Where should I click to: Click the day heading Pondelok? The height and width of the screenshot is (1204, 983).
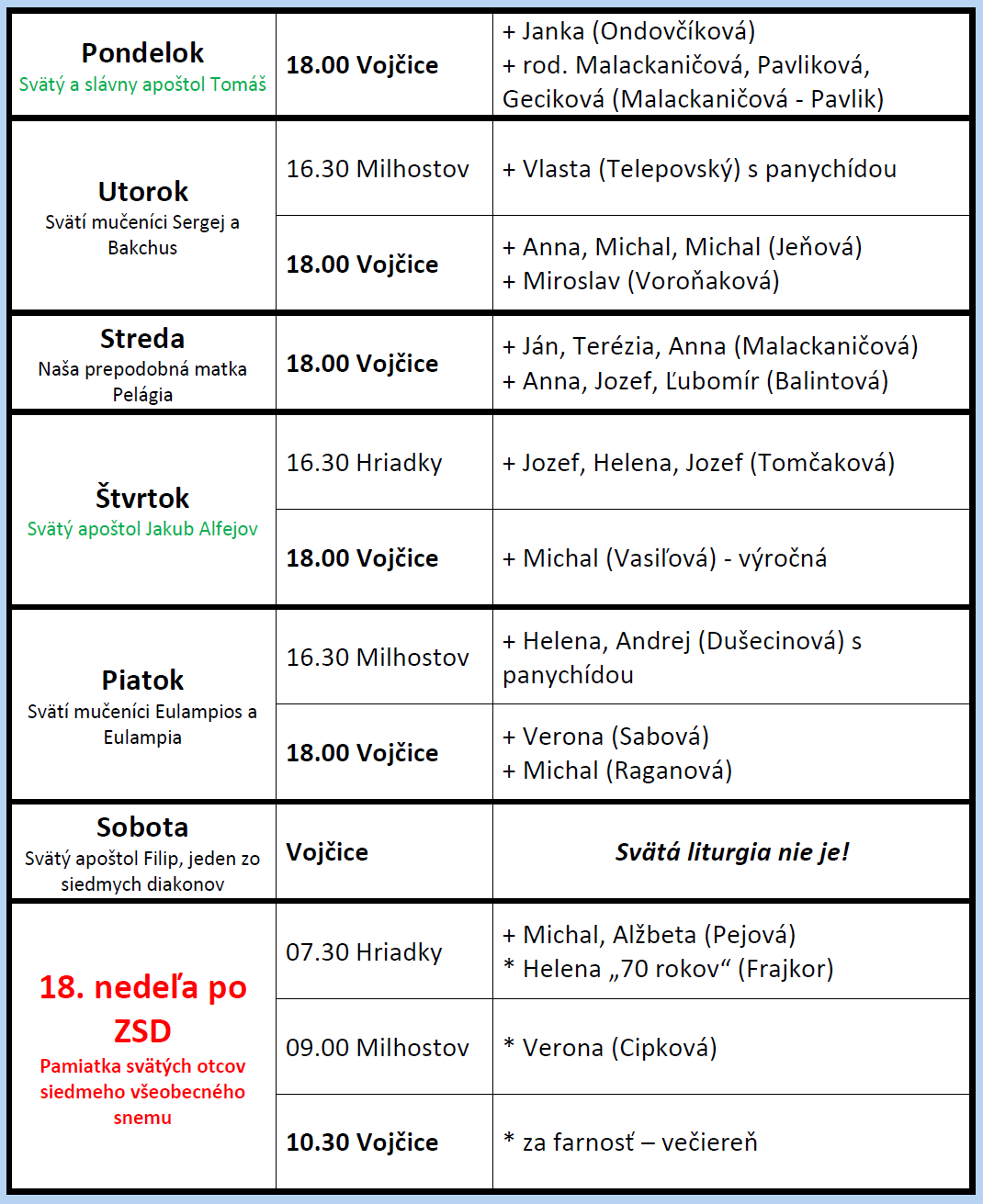142,53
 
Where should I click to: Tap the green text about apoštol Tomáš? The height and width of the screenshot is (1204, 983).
142,84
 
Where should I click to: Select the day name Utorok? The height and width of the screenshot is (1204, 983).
142,191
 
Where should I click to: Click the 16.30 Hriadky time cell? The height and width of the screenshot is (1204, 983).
364,463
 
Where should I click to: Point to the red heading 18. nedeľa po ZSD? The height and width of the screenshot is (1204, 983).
142,1008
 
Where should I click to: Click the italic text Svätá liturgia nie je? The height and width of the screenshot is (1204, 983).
731,852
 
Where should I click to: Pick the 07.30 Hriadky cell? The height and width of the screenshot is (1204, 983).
364,952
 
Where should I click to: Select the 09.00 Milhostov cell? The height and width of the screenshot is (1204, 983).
377,1048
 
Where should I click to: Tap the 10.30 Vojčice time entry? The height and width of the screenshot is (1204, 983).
362,1142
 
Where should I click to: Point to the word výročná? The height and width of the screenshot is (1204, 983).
784,558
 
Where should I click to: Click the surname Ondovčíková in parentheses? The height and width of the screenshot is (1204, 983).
674,31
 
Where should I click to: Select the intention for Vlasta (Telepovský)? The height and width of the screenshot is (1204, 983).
699,169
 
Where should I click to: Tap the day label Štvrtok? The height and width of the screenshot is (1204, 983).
142,498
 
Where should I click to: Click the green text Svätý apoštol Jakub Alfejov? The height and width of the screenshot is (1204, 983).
142,529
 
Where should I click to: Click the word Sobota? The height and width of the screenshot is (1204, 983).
142,827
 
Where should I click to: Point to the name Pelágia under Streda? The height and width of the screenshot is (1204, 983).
142,395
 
